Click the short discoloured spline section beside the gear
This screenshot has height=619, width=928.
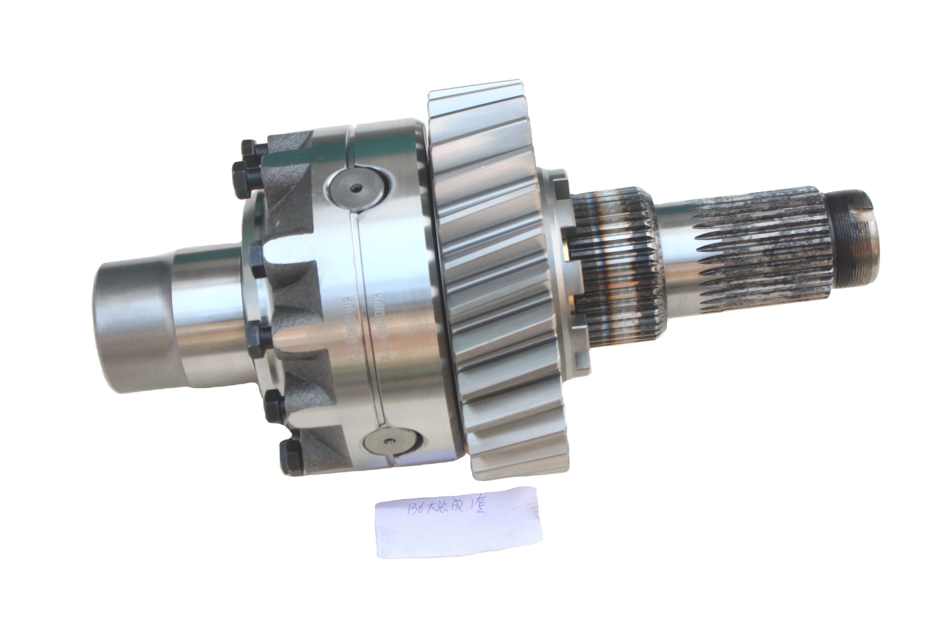click(616, 268)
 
